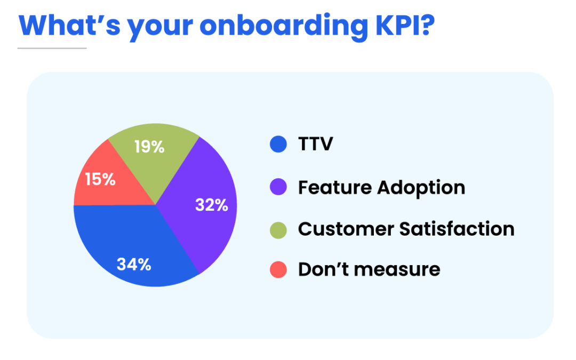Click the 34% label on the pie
pos(134,264)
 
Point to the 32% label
pos(212,205)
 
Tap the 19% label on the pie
pos(149,147)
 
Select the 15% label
pos(100,179)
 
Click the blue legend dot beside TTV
pos(278,145)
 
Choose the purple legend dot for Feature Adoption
pos(278,187)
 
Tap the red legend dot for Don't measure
pos(278,270)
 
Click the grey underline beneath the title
pos(52,49)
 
